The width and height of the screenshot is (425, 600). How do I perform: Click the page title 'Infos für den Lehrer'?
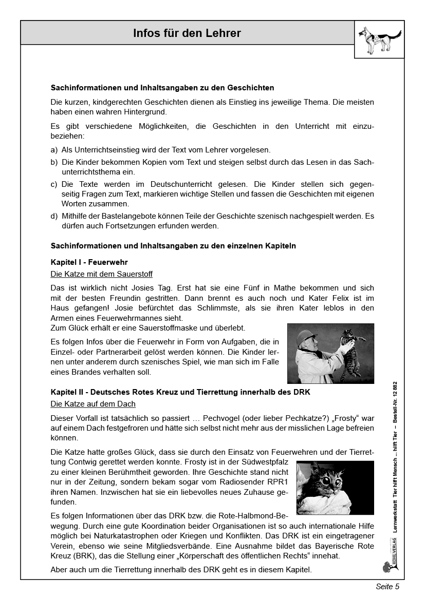187,34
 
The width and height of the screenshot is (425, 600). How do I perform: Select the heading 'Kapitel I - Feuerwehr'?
89,262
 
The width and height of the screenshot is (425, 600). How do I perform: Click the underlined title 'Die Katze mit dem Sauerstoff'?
102,274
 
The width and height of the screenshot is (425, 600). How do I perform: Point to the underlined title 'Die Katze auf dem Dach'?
93,404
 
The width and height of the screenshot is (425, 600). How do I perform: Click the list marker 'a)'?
54,150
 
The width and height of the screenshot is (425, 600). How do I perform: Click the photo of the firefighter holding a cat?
330,353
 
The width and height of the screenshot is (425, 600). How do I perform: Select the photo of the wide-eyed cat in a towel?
335,488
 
